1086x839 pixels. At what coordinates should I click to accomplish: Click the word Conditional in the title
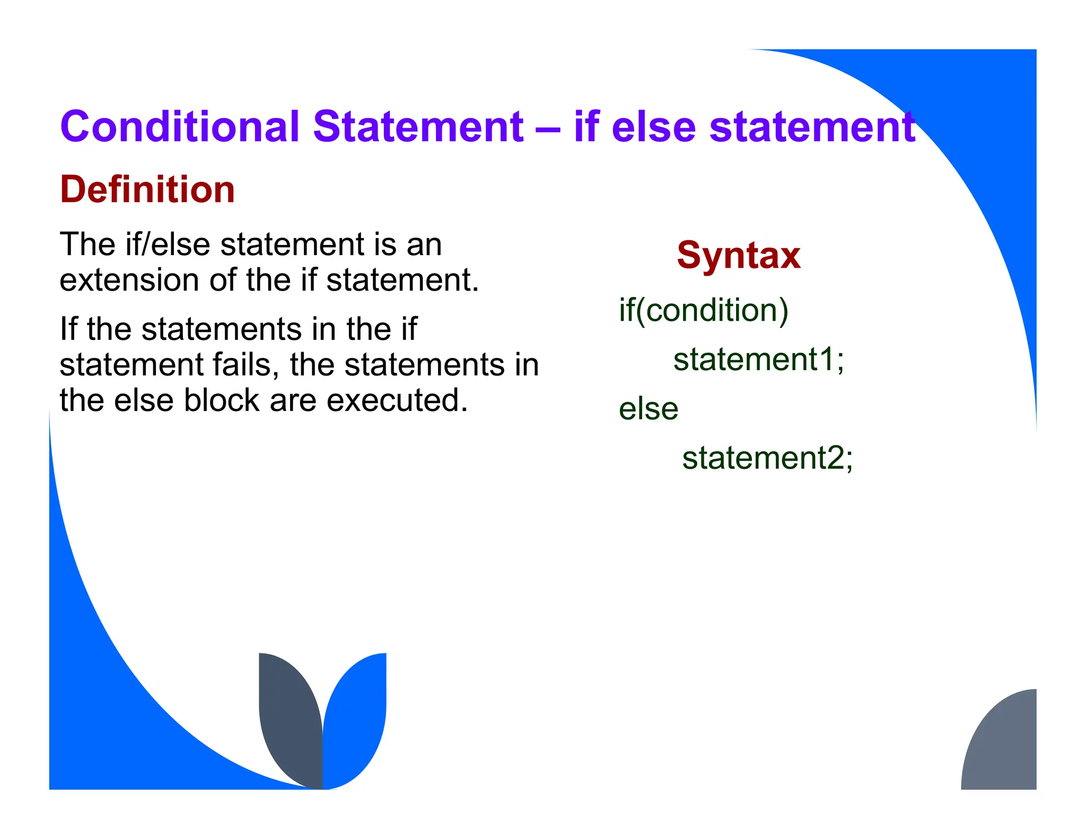coord(180,127)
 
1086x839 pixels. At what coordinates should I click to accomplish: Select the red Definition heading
coord(147,189)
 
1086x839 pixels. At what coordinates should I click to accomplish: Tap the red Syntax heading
coord(738,256)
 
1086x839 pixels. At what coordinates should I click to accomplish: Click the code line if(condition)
coord(703,310)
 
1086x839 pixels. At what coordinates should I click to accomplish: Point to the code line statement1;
coord(758,360)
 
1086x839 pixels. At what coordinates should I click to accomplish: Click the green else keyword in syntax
coord(648,409)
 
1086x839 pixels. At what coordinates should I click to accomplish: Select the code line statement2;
coord(767,458)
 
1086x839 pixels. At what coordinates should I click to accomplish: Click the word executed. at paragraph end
coord(397,400)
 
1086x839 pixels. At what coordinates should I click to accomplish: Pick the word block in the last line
coord(222,400)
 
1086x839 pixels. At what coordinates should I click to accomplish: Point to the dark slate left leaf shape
coord(289,721)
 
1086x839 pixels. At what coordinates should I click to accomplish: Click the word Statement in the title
coord(418,127)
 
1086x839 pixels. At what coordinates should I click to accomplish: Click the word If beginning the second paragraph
coord(68,329)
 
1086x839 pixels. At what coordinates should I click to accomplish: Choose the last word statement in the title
coord(812,128)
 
